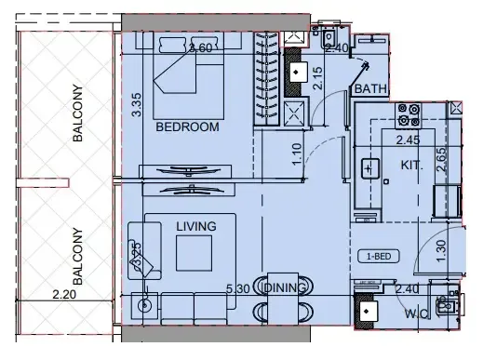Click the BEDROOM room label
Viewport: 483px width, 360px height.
coord(187,127)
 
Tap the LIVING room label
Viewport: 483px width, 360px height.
coord(195,226)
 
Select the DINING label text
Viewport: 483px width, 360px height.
coord(285,288)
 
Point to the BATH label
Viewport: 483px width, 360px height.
coord(369,89)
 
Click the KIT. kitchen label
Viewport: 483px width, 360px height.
coord(412,165)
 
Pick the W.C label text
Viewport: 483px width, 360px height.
coord(415,313)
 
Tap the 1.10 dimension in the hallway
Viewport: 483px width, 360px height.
coord(296,153)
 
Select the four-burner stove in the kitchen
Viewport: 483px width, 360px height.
coord(407,113)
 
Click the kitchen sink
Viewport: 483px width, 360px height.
coord(369,168)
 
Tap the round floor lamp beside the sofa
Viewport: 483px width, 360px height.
coord(144,302)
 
